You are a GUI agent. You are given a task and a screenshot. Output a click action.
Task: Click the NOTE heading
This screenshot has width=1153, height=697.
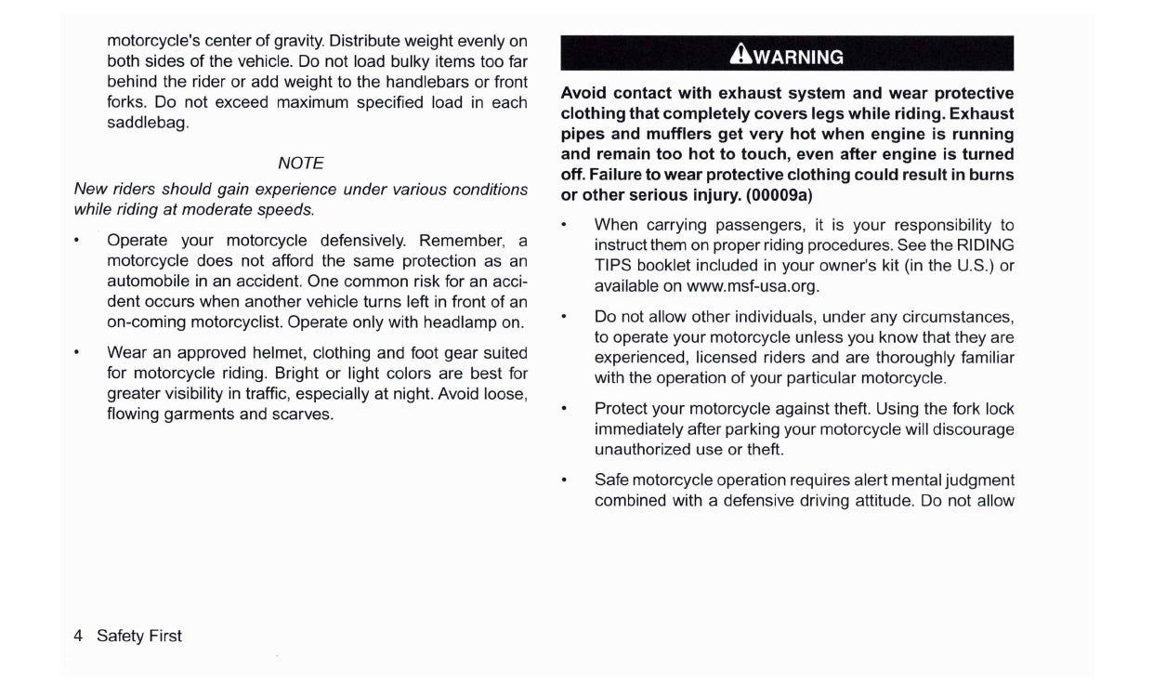coord(301,163)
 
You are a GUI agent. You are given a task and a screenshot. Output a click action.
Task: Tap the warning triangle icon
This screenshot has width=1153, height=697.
coord(740,56)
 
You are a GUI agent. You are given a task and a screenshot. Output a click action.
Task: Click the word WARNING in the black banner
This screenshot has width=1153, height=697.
coord(798,57)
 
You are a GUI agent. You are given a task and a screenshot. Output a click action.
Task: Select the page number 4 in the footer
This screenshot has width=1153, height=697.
coord(78,636)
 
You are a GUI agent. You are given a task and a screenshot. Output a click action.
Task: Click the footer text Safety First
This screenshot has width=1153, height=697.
coord(139,636)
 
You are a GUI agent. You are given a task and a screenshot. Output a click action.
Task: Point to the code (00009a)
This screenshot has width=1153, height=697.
coord(780,195)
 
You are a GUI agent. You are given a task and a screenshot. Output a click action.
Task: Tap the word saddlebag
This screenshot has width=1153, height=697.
coord(148,123)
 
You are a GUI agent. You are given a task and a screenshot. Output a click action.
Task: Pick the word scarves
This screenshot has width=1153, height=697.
coord(302,414)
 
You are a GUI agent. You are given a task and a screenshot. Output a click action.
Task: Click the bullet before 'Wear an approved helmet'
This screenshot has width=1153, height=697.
coord(76,353)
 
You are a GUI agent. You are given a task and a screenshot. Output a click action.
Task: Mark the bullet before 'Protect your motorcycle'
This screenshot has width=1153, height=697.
coord(564,409)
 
